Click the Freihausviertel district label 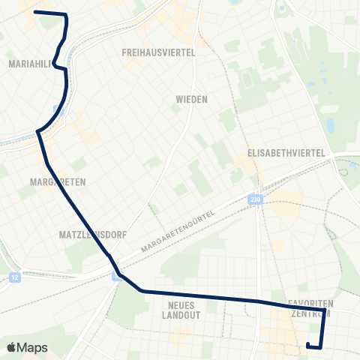point(158,52)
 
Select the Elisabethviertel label point(288,153)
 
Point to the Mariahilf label point(28,64)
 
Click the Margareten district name point(58,182)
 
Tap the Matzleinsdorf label point(85,235)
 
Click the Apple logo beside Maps point(12,347)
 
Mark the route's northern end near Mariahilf point(35,13)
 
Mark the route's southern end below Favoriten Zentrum point(308,344)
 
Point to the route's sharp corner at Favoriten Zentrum point(324,309)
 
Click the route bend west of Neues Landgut point(140,290)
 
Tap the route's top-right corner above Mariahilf point(67,16)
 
